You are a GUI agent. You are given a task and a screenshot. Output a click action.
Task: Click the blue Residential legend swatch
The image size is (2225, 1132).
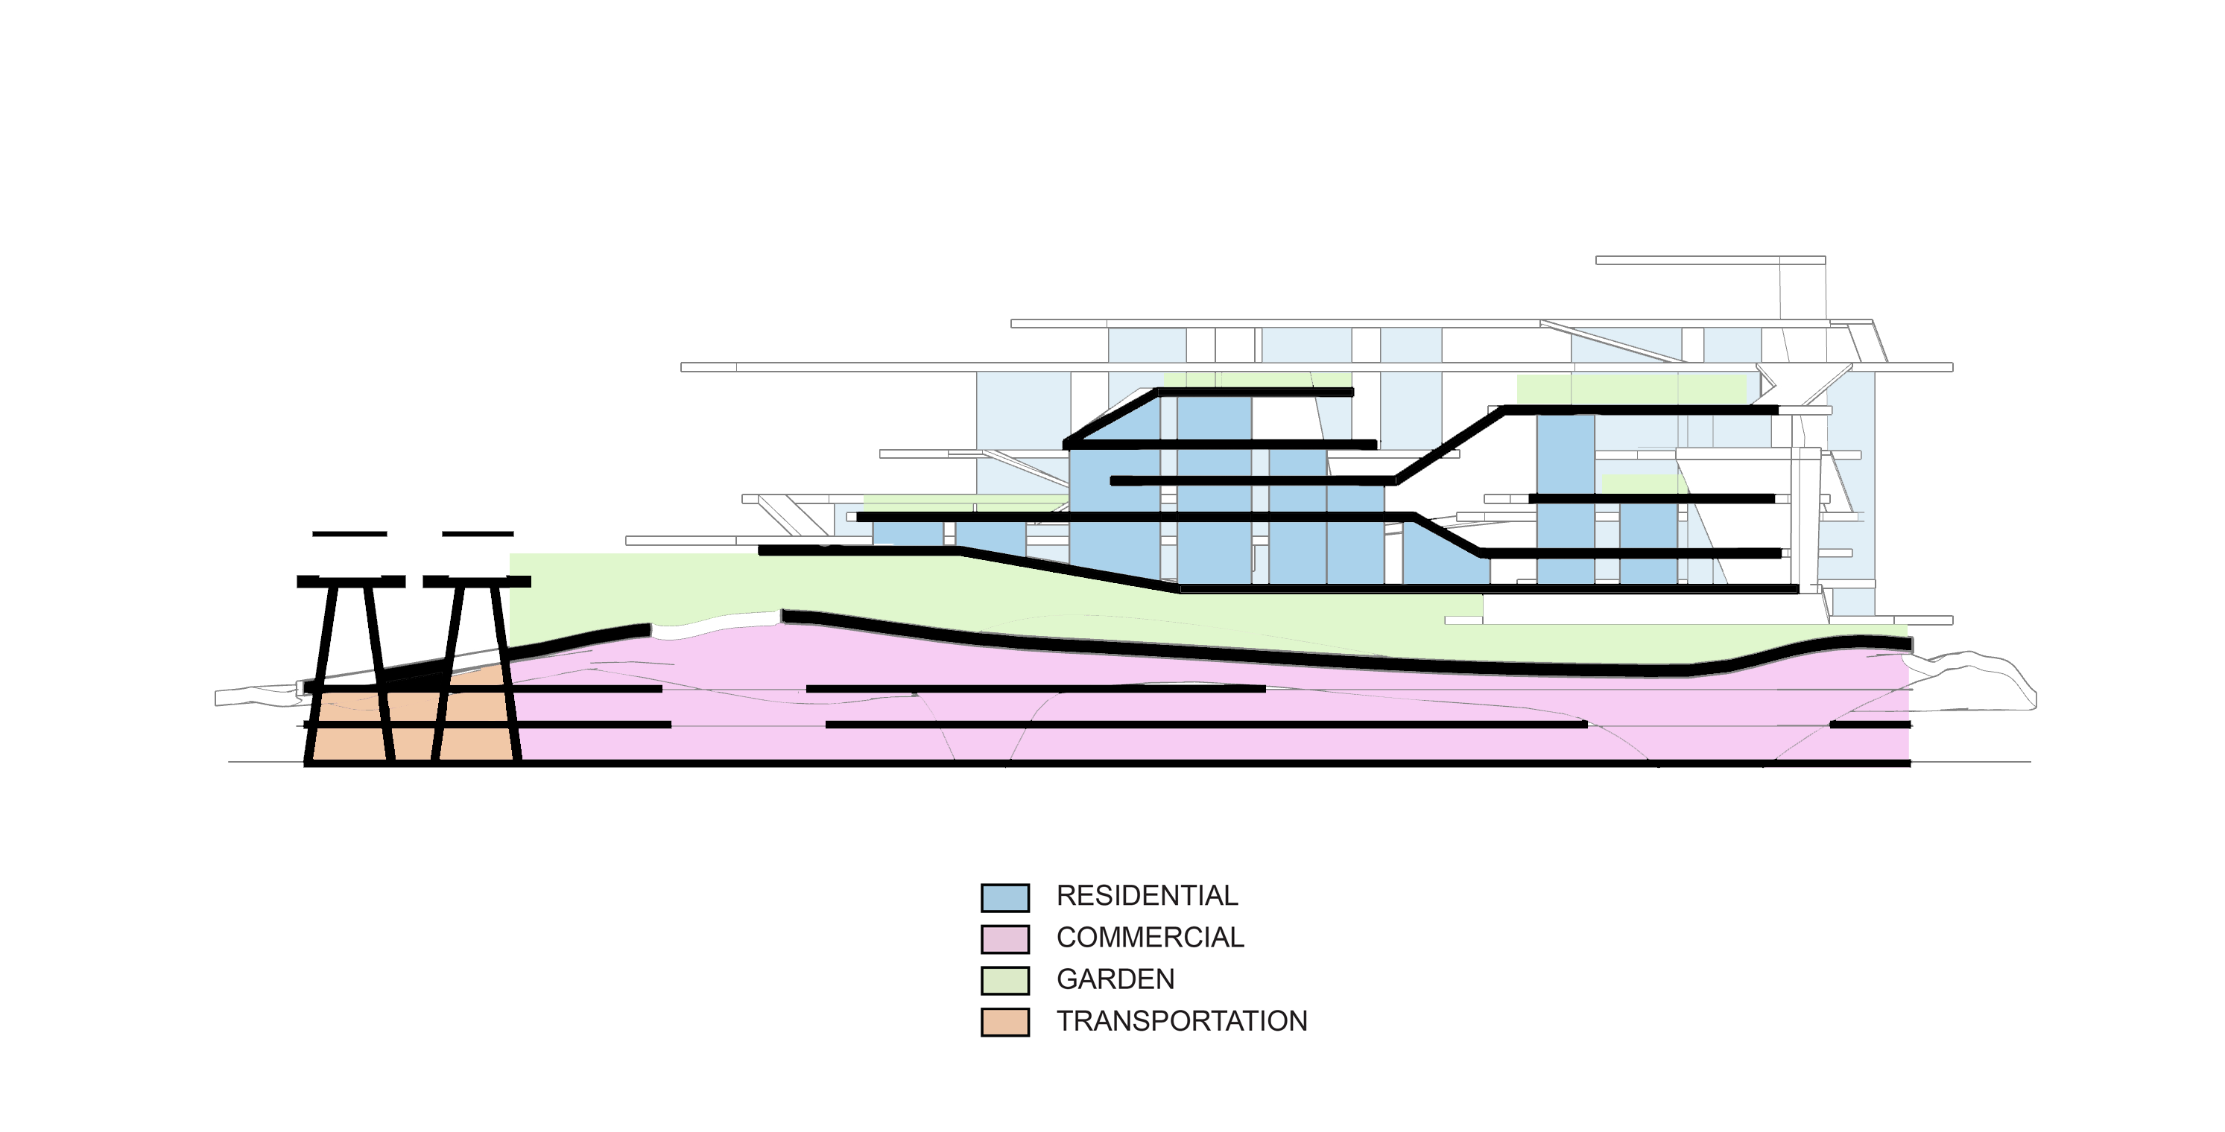(x=1004, y=897)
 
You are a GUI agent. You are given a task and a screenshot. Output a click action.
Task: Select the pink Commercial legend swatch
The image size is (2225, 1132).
(x=1004, y=938)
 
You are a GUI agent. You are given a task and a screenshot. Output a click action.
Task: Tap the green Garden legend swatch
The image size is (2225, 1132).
(x=1004, y=980)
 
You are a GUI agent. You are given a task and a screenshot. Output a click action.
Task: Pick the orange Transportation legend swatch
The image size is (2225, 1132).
(x=1004, y=1022)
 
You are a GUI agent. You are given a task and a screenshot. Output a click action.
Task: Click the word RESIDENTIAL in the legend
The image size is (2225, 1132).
(x=1146, y=895)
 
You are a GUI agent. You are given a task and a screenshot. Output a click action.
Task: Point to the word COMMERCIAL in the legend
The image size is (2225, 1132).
(x=1150, y=937)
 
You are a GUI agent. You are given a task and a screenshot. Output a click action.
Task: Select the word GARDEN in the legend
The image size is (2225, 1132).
(x=1115, y=979)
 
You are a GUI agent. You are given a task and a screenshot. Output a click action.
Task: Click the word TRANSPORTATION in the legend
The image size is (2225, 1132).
(x=1182, y=1020)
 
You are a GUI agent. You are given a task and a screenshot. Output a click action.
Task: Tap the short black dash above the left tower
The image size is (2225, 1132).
(x=349, y=534)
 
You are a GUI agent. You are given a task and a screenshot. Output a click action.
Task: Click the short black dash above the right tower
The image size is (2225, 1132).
(x=478, y=534)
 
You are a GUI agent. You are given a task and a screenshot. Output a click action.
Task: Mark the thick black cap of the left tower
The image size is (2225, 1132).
(x=351, y=582)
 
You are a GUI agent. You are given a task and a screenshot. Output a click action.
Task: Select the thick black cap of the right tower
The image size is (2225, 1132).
(x=477, y=582)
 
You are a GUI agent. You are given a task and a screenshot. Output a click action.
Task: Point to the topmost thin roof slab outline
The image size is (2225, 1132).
(x=1709, y=260)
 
